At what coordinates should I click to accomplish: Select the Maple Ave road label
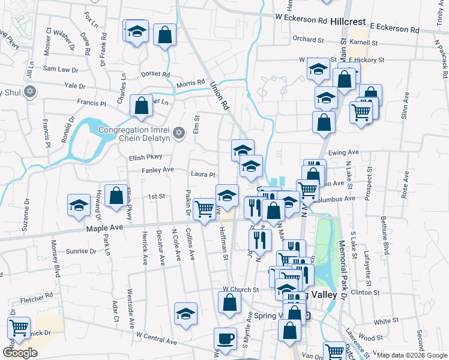pyautogui.click(x=104, y=228)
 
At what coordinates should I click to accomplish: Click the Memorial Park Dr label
pyautogui.click(x=343, y=269)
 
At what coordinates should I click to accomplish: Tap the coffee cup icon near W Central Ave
pyautogui.click(x=226, y=338)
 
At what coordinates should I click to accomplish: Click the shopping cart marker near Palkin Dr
pyautogui.click(x=205, y=209)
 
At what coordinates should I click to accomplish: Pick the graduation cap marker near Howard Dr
pyautogui.click(x=79, y=205)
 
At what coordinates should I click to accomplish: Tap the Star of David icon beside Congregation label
pyautogui.click(x=178, y=133)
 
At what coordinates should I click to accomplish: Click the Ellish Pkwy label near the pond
pyautogui.click(x=146, y=157)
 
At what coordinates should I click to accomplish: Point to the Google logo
pyautogui.click(x=20, y=353)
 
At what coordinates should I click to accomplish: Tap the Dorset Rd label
pyautogui.click(x=155, y=74)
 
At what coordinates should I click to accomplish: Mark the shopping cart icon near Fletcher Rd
pyautogui.click(x=19, y=328)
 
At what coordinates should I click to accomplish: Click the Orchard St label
pyautogui.click(x=309, y=39)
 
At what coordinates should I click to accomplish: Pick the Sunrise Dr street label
pyautogui.click(x=81, y=251)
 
